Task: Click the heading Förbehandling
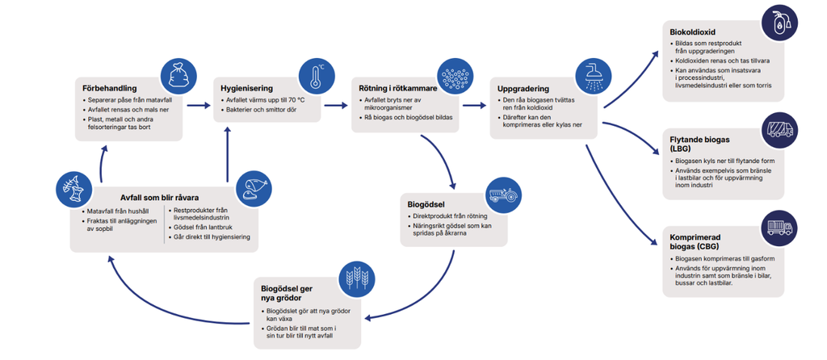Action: click(x=107, y=88)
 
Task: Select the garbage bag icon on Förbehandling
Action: click(x=178, y=76)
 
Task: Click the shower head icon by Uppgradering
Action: click(x=593, y=76)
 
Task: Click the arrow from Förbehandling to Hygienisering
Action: click(x=199, y=104)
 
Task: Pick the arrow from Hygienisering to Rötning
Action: click(x=338, y=104)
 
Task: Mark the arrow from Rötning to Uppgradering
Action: click(x=476, y=104)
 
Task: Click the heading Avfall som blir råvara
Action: click(x=159, y=198)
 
